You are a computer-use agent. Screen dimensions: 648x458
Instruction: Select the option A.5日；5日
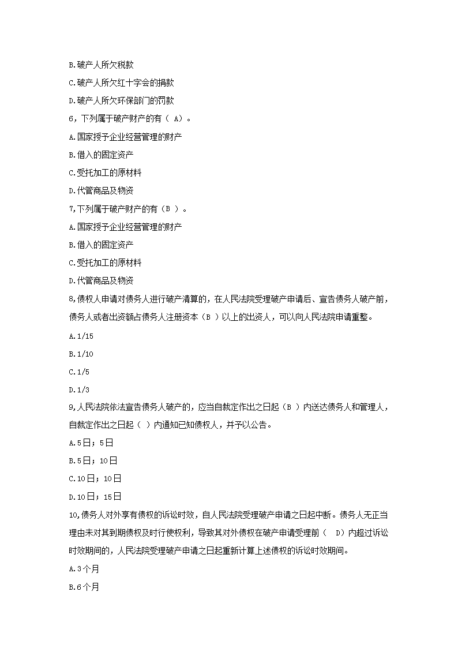click(x=90, y=443)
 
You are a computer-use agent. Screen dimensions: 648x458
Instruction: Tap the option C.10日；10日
click(x=95, y=478)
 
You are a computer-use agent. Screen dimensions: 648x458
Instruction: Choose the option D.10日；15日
click(x=95, y=497)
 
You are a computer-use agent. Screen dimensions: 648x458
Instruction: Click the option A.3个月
click(x=84, y=569)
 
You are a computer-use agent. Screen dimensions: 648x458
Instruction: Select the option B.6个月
click(x=84, y=587)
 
